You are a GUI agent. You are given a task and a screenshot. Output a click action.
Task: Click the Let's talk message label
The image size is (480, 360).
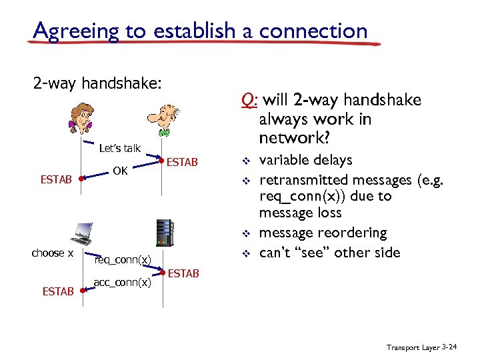pyautogui.click(x=119, y=148)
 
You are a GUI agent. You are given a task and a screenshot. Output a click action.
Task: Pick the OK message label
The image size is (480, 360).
pyautogui.click(x=120, y=171)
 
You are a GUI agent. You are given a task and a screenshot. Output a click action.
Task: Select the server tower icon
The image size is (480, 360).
pyautogui.click(x=163, y=234)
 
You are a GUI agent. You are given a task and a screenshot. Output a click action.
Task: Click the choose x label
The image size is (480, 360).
pyautogui.click(x=53, y=253)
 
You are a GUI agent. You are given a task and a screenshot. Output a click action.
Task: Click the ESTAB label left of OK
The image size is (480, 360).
pyautogui.click(x=57, y=179)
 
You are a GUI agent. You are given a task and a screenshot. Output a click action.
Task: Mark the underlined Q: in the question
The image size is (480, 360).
pyautogui.click(x=249, y=100)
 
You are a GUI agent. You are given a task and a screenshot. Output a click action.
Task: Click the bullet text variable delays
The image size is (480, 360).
pyautogui.click(x=305, y=160)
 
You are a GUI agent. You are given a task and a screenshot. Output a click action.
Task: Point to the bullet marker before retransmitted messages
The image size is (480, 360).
pyautogui.click(x=245, y=181)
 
